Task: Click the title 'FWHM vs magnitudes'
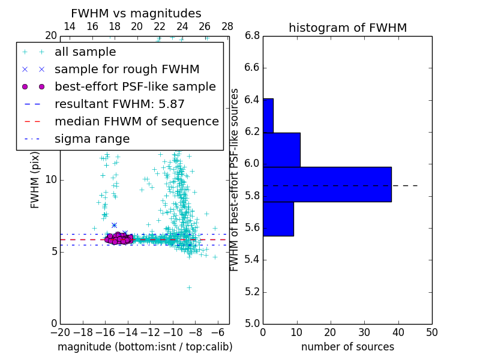pyautogui.click(x=136, y=13)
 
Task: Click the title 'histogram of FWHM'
pyautogui.click(x=347, y=28)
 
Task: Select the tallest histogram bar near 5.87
pyautogui.click(x=327, y=184)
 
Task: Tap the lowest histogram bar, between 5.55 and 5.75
pyautogui.click(x=278, y=219)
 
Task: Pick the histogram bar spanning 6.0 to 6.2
pyautogui.click(x=281, y=149)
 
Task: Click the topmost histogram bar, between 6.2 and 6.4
pyautogui.click(x=268, y=115)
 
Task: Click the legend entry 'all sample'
pyautogui.click(x=85, y=52)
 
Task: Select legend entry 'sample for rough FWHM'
pyautogui.click(x=127, y=70)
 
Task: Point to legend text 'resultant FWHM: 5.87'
pyautogui.click(x=119, y=104)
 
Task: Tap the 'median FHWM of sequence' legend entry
pyautogui.click(x=136, y=122)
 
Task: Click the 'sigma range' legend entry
pyautogui.click(x=92, y=139)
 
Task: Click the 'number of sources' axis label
pyautogui.click(x=347, y=347)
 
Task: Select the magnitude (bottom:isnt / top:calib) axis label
pyautogui.click(x=145, y=347)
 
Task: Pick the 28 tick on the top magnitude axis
pyautogui.click(x=227, y=26)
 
